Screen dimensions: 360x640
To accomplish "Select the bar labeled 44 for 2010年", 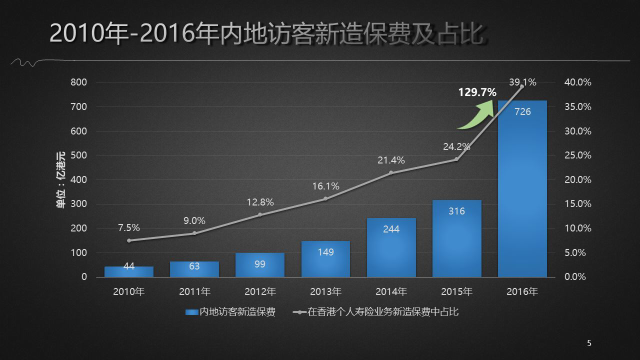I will pyautogui.click(x=129, y=271).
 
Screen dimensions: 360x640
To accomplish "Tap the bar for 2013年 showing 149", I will pyautogui.click(x=325, y=259).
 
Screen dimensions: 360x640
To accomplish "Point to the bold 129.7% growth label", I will pyautogui.click(x=477, y=92).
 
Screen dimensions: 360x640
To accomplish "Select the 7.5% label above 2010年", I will pyautogui.click(x=129, y=228).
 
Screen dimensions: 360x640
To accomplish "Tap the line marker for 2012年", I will pyautogui.click(x=260, y=214).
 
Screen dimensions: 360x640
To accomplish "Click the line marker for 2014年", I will pyautogui.click(x=391, y=173).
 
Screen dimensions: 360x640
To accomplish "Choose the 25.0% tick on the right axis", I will pyautogui.click(x=577, y=155).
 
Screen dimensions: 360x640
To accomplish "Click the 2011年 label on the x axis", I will pyautogui.click(x=194, y=291).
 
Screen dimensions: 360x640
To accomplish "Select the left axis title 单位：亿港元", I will pyautogui.click(x=60, y=179).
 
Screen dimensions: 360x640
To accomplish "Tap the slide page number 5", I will pyautogui.click(x=589, y=343).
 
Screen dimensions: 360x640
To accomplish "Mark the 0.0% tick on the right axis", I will pyautogui.click(x=575, y=277).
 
